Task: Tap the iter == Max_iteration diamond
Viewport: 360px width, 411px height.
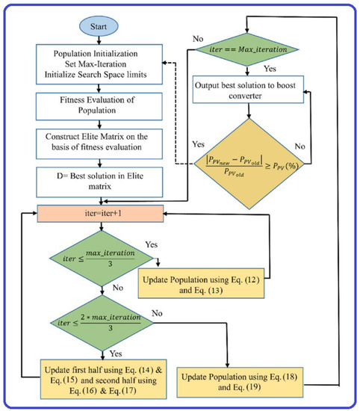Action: tap(252, 58)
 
